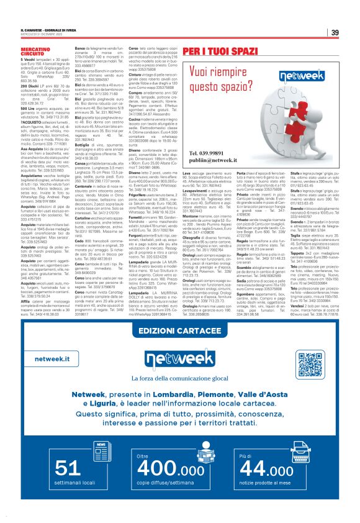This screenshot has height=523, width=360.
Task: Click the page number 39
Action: point(334,33)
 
